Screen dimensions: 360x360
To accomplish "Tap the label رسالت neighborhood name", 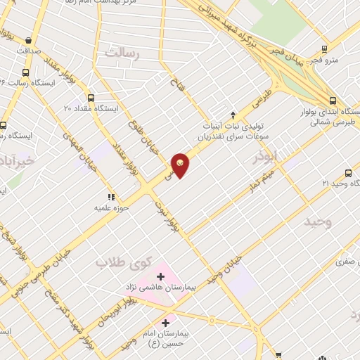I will (123, 52).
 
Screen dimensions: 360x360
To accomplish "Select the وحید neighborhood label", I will (317, 222).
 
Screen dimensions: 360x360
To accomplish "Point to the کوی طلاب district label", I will (124, 262).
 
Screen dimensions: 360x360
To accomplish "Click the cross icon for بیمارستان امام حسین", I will (166, 323).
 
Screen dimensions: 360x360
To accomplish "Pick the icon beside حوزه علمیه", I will (110, 197).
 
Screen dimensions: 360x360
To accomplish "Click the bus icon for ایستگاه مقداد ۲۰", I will (91, 98).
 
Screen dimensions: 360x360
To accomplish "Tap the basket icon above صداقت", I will (27, 41).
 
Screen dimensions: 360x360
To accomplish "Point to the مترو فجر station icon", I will (324, 49).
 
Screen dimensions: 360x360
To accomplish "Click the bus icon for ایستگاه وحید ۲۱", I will (348, 173).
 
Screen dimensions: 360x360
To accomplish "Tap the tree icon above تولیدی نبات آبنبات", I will (233, 115).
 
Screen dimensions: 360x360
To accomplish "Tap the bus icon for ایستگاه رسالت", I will (26, 72).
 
